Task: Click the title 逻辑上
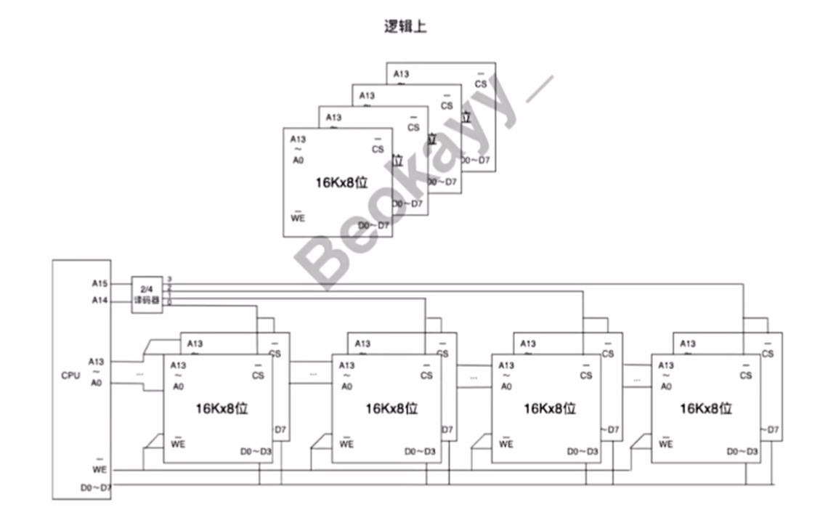coord(405,28)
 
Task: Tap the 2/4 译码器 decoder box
coord(147,294)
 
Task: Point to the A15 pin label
coord(100,283)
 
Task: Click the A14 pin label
coord(100,300)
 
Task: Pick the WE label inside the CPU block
coord(100,470)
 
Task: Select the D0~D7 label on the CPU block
coord(95,486)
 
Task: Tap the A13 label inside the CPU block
coord(97,361)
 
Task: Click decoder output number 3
coord(169,279)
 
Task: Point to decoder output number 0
coord(169,303)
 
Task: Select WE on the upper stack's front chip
coord(298,218)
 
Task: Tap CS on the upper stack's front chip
coord(378,149)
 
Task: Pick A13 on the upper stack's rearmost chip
coord(401,73)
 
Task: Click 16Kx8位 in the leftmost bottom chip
coord(222,408)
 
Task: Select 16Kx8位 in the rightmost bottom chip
coord(705,408)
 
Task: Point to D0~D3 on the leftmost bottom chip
coord(256,452)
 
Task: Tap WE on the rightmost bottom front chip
coord(666,443)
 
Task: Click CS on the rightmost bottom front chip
coord(746,375)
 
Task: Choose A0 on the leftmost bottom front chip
coord(179,386)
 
